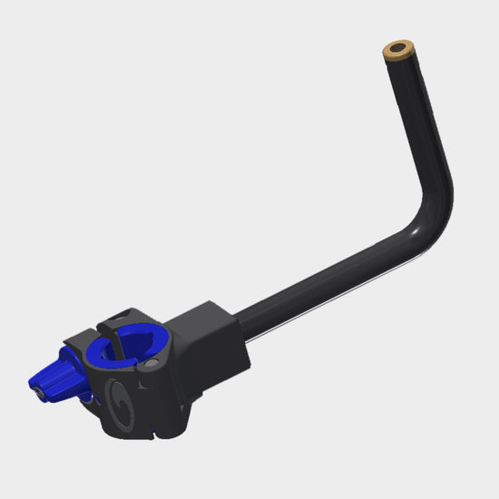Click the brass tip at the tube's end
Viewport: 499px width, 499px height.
pos(397,51)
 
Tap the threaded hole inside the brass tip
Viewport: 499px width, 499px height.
pos(396,46)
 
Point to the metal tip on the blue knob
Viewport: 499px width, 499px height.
pos(36,392)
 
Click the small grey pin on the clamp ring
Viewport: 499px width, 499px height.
pos(152,363)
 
